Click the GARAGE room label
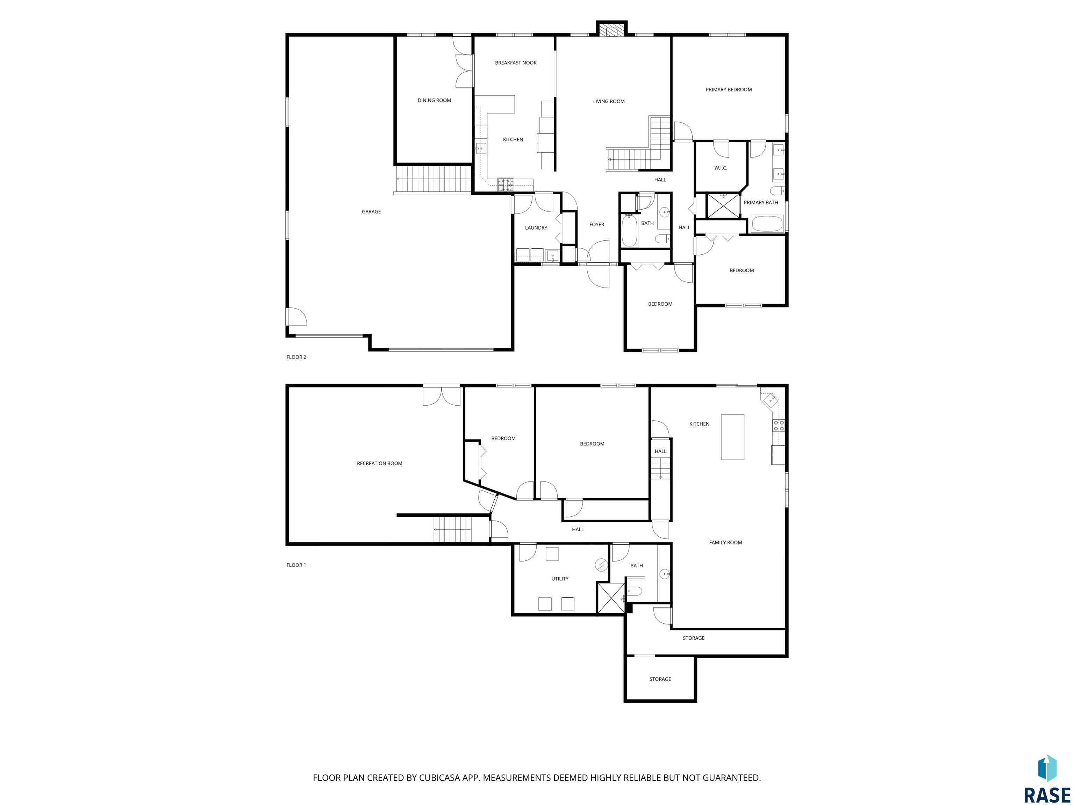tap(371, 212)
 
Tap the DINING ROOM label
tap(434, 100)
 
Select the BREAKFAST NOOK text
tap(516, 63)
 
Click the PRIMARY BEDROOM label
tap(728, 90)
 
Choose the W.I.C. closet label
tap(721, 168)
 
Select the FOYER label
tap(597, 225)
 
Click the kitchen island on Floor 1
tap(732, 437)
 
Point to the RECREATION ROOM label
tap(380, 463)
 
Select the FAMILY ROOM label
tap(725, 543)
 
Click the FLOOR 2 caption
tap(296, 357)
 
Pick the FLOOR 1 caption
tap(296, 565)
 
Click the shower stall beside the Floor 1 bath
tap(611, 598)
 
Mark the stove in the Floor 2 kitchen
tap(506, 183)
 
